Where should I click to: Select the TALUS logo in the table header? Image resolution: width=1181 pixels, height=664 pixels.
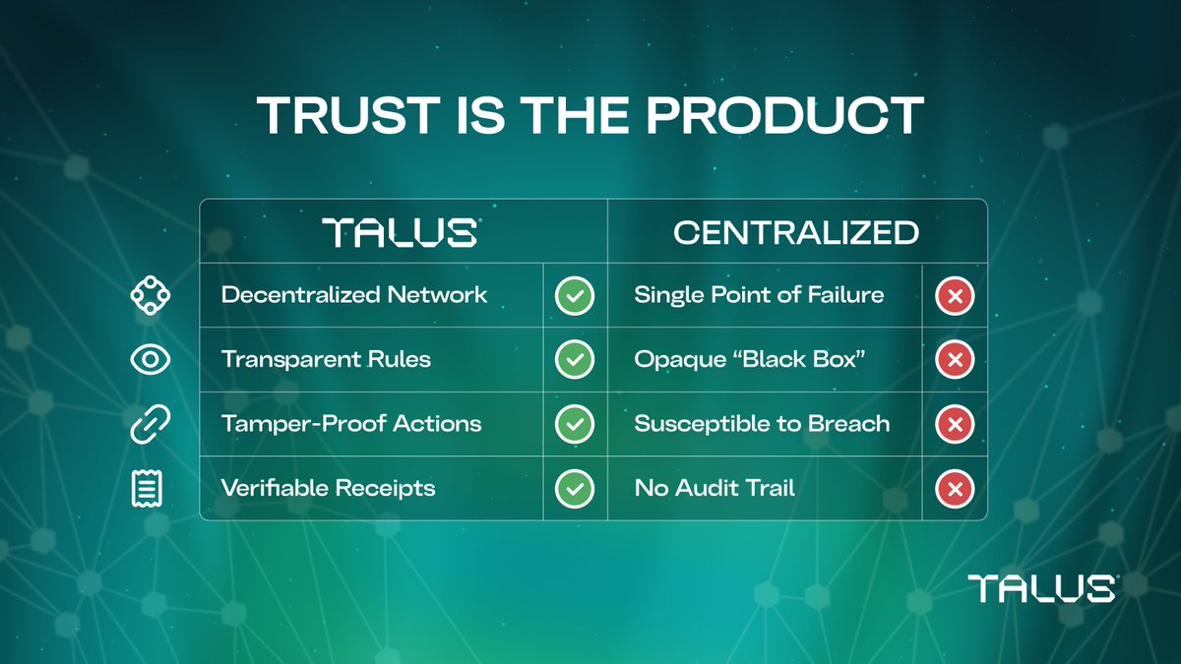coord(402,233)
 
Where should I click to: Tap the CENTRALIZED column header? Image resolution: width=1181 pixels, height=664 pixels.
coord(796,233)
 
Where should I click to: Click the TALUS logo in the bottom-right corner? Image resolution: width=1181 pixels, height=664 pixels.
coord(1041,588)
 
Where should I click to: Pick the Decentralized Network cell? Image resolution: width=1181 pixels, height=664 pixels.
coord(354,295)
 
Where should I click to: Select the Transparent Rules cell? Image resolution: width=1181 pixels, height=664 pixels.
coord(326,359)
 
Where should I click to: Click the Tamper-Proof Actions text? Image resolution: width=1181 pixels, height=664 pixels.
coord(351,424)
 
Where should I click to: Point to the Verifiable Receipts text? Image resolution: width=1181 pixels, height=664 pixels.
coord(328,488)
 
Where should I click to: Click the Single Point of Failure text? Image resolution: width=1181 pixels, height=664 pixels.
coord(759,295)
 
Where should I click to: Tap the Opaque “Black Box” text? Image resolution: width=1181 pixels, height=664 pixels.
coord(750,359)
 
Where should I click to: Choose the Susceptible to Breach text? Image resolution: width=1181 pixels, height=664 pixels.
coord(762,424)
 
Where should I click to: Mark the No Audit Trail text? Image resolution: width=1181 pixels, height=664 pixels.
coord(715,488)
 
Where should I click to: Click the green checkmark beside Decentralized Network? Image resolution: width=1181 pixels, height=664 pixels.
coord(574,296)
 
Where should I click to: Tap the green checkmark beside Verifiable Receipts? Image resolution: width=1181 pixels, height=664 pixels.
coord(574,489)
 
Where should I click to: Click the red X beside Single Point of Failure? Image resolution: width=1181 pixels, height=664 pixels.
coord(954,296)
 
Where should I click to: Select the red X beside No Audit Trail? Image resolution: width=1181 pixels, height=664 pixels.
coord(954,489)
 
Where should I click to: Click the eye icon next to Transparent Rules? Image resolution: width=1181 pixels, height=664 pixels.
coord(151,360)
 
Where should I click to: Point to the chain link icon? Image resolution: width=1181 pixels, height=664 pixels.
coord(151,425)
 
